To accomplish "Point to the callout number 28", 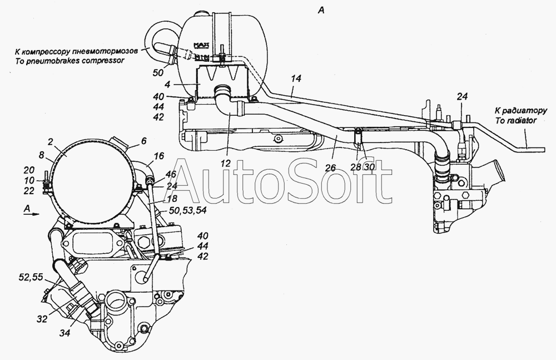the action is (x=357, y=166).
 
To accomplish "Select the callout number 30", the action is (x=369, y=166).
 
